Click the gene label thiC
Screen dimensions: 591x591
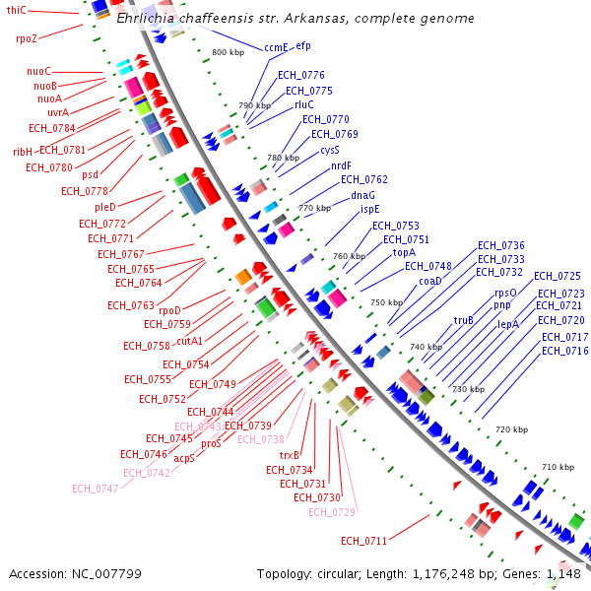tap(16, 9)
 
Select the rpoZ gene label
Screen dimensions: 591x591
tap(27, 38)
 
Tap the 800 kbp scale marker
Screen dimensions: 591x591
tap(227, 52)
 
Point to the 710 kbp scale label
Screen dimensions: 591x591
tap(558, 466)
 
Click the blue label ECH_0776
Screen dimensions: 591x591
tap(301, 75)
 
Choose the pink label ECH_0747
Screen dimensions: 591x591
tap(95, 489)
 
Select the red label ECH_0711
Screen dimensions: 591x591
tap(364, 541)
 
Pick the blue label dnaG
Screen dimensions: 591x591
tap(362, 194)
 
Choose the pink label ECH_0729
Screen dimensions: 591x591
tap(332, 512)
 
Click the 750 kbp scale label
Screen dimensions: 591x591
tap(386, 302)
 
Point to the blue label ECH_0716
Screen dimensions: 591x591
tap(565, 351)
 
